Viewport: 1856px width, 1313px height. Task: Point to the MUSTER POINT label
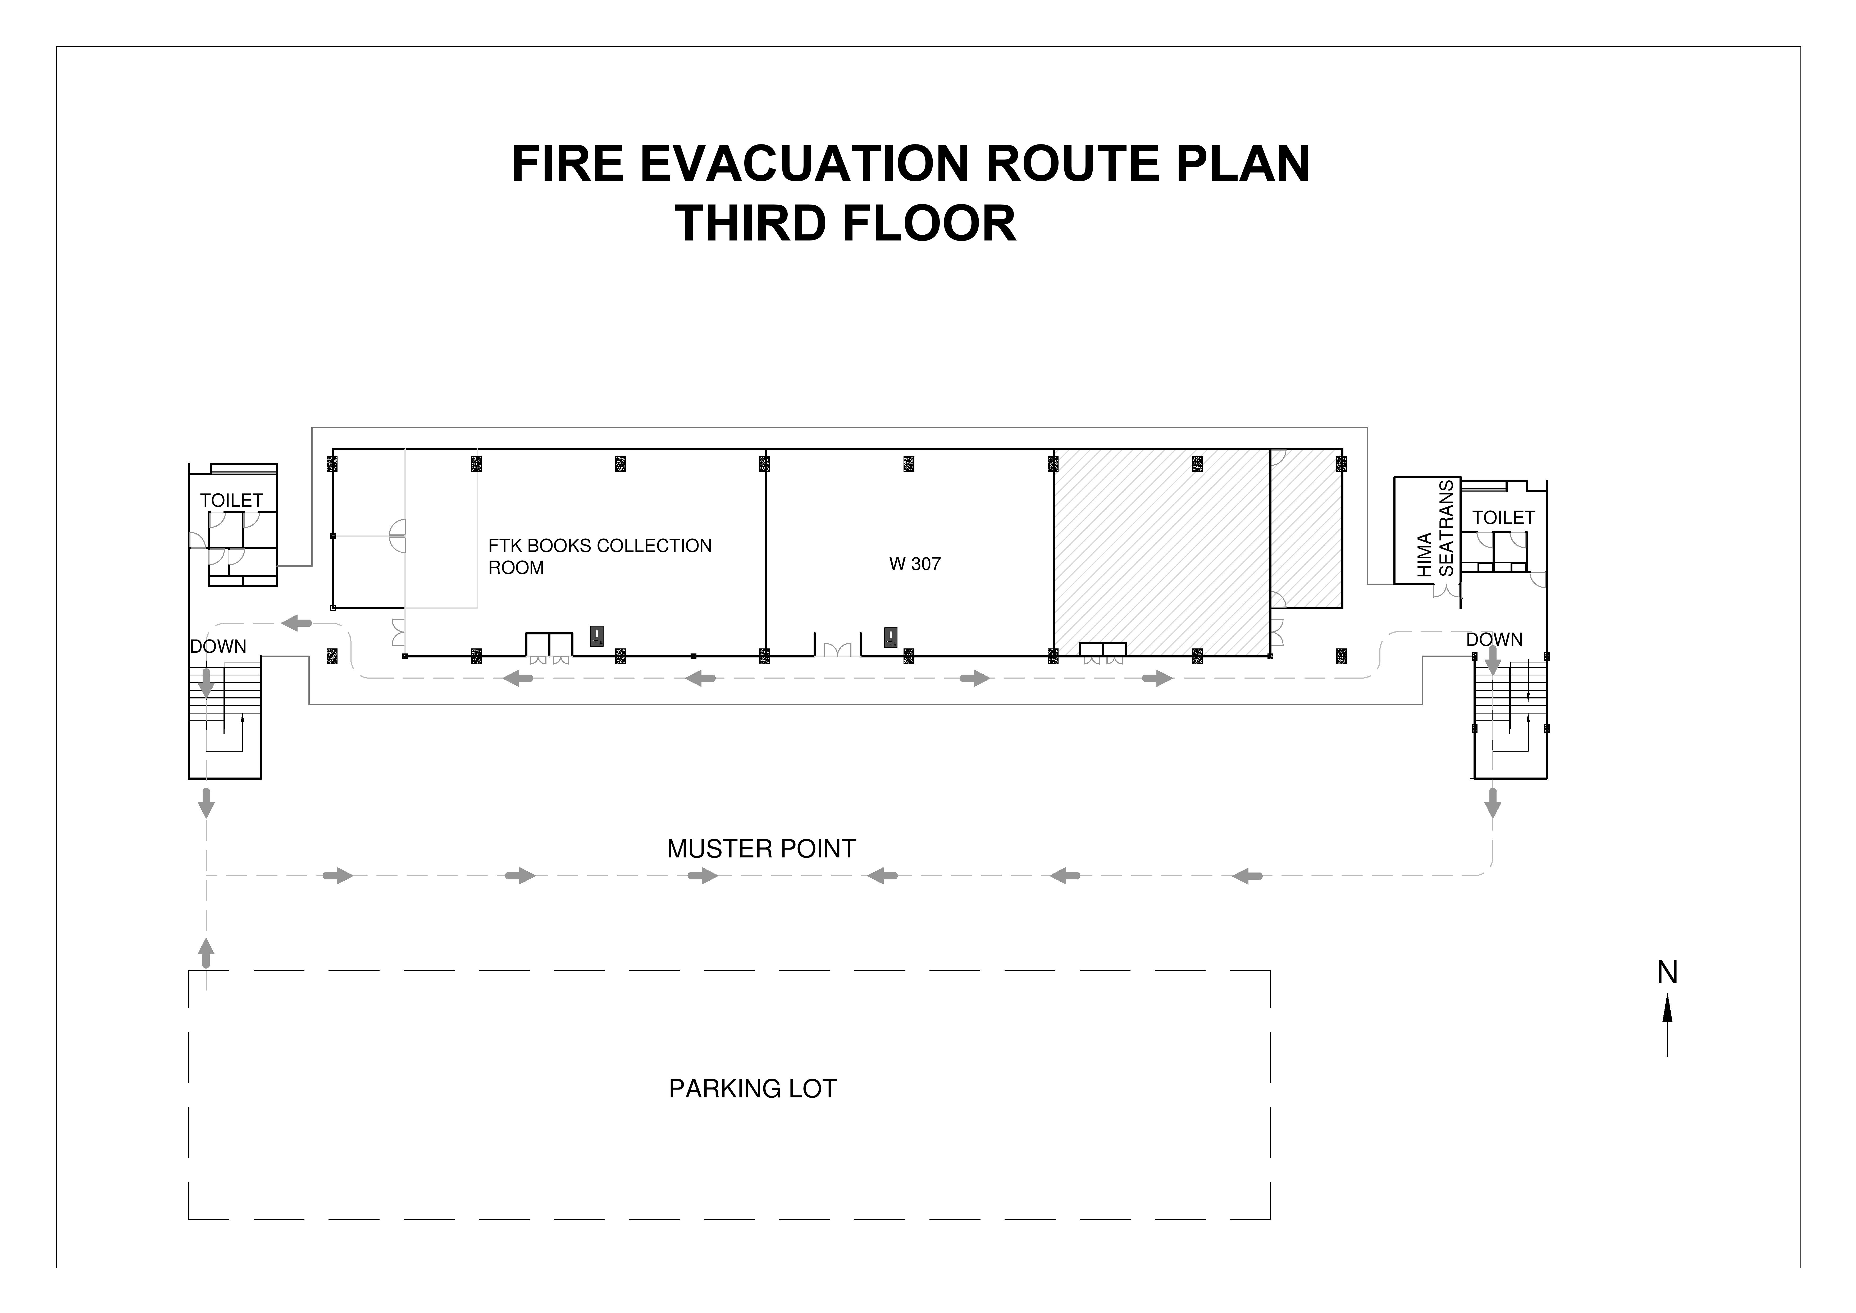pyautogui.click(x=761, y=849)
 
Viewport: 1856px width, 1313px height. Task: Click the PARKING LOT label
pyautogui.click(x=753, y=1089)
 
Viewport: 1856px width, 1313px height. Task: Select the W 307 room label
pyautogui.click(x=915, y=564)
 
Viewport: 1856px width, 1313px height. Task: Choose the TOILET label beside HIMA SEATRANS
pyautogui.click(x=1504, y=517)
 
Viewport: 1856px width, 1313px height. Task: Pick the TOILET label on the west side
pyautogui.click(x=231, y=501)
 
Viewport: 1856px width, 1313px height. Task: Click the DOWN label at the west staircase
pyautogui.click(x=218, y=647)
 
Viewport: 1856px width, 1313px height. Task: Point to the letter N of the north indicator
pyautogui.click(x=1667, y=973)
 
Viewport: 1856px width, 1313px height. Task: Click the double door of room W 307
pyautogui.click(x=837, y=649)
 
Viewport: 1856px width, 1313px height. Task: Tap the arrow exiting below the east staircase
pyautogui.click(x=1493, y=803)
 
